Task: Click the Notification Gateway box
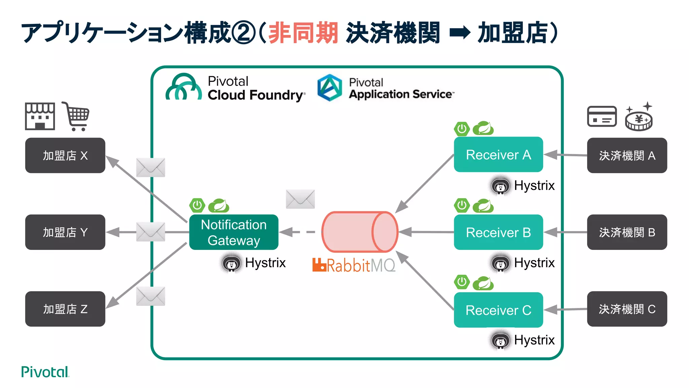(233, 232)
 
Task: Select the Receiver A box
(498, 155)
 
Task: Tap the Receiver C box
(498, 310)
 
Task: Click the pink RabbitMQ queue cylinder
(359, 232)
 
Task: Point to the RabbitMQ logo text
(354, 265)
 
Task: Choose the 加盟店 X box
(65, 155)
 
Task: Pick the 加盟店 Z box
(65, 309)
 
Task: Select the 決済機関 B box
(627, 232)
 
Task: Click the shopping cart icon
(76, 116)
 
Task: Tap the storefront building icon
(40, 116)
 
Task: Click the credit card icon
(602, 116)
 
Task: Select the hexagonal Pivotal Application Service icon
(330, 88)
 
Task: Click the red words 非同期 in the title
(303, 33)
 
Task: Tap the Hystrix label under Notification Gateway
(265, 263)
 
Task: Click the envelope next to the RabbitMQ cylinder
(300, 199)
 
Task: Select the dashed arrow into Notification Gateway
(298, 232)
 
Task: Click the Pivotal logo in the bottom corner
(45, 372)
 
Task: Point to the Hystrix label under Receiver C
(534, 340)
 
